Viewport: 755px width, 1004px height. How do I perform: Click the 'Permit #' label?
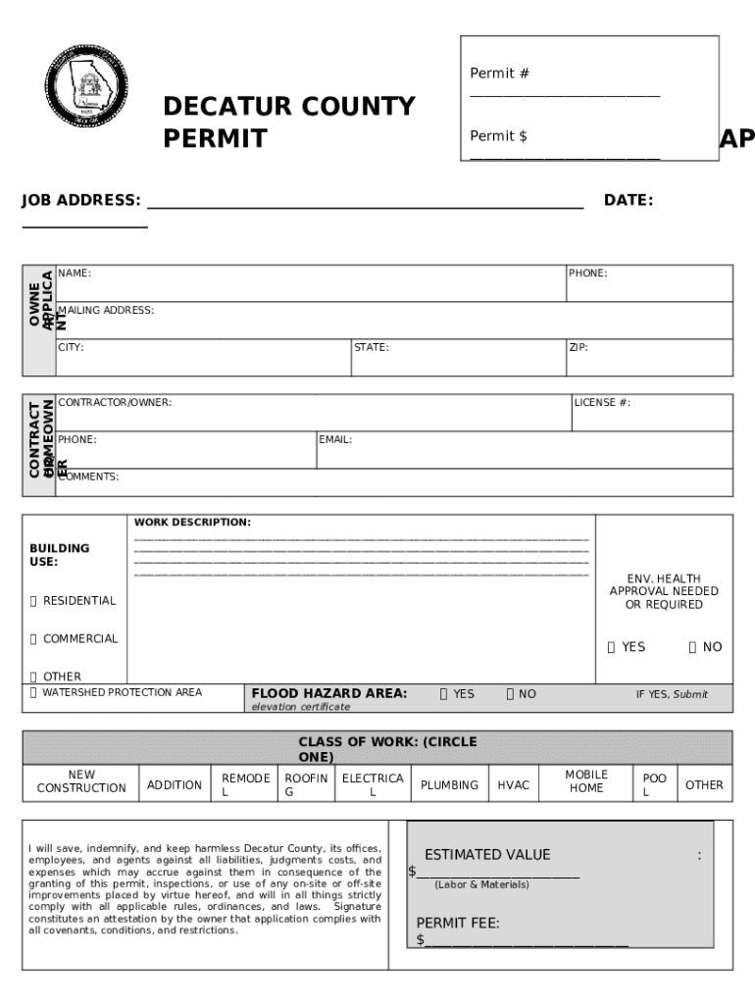(x=500, y=74)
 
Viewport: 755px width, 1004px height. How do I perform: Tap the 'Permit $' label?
(x=498, y=136)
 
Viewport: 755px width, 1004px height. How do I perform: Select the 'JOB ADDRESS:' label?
(x=81, y=201)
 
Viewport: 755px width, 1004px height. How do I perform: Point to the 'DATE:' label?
(x=629, y=201)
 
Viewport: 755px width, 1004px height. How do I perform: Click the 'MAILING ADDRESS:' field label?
(x=105, y=311)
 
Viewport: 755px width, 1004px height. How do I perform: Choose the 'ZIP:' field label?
(x=579, y=347)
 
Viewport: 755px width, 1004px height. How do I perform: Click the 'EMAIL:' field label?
(x=335, y=440)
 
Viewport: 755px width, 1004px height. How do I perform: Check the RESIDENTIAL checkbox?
(x=33, y=601)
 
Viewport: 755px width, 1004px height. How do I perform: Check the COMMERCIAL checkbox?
(x=33, y=639)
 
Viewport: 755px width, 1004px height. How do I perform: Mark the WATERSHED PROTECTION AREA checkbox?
(x=33, y=693)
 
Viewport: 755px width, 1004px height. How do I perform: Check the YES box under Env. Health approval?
(x=611, y=647)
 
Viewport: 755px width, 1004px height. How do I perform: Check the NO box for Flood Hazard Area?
(x=510, y=694)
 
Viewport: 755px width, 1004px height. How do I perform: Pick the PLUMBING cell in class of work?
(x=449, y=785)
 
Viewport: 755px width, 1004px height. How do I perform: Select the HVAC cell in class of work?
(x=513, y=785)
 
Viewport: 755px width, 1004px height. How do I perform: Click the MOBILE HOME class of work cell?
(x=586, y=781)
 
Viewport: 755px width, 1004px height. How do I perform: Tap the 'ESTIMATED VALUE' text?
(x=487, y=855)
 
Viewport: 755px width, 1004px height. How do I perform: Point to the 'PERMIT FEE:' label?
(x=458, y=924)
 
